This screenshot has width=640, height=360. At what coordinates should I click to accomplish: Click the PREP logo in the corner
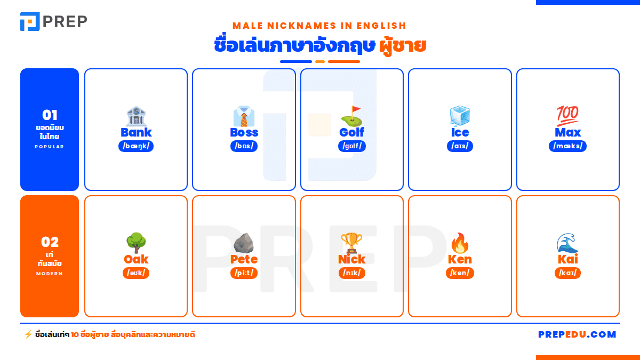(54, 21)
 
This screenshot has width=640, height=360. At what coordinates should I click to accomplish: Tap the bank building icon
(136, 116)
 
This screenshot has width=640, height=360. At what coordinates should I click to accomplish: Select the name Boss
(244, 132)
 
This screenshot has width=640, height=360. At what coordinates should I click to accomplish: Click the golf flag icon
(352, 116)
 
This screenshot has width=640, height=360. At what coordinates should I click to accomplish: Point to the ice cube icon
(460, 116)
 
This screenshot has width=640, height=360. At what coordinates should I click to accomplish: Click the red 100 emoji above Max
(567, 116)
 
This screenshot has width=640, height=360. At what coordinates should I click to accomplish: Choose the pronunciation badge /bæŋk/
(136, 146)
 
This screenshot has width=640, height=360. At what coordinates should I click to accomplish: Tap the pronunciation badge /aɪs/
(460, 146)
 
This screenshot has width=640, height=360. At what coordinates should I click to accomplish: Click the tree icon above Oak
(136, 243)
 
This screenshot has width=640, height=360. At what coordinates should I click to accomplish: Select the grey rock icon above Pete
(244, 243)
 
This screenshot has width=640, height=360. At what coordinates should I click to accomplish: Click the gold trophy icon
(351, 243)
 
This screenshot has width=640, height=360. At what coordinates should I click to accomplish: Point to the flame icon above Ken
(460, 243)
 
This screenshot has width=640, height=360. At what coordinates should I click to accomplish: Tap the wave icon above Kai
(567, 243)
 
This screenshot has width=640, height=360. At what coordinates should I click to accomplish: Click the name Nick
(351, 259)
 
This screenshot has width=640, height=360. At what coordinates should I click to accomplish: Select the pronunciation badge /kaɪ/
(567, 273)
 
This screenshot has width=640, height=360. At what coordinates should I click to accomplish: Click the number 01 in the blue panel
(50, 115)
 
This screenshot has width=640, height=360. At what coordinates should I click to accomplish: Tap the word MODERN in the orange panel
(50, 274)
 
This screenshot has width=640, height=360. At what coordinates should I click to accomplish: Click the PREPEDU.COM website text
(577, 334)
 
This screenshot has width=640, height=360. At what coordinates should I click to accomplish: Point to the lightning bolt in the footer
(28, 334)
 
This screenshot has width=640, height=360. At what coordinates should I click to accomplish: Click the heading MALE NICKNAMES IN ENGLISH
(319, 26)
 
